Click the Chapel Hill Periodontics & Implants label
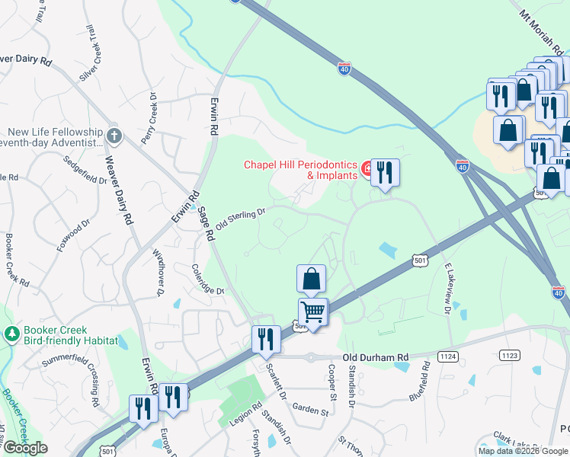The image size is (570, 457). click(x=300, y=170)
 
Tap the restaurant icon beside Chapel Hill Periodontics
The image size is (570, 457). click(x=385, y=171)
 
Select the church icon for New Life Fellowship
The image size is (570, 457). click(x=114, y=136)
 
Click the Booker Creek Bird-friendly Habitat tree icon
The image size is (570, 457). click(x=11, y=334)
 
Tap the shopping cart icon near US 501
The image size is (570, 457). click(x=313, y=312)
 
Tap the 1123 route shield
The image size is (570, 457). click(x=509, y=355)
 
